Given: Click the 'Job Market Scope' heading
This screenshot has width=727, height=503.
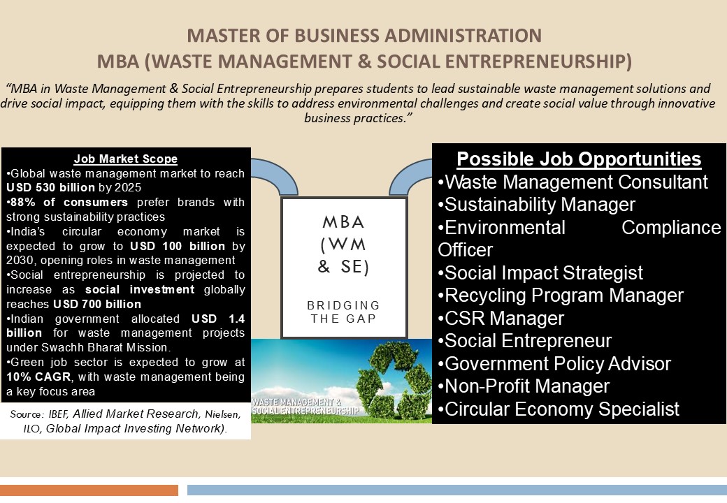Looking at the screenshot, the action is (x=126, y=159).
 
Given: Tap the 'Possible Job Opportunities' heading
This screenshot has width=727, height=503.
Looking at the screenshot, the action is (x=579, y=159).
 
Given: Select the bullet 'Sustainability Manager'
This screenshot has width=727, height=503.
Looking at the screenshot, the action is (x=536, y=205).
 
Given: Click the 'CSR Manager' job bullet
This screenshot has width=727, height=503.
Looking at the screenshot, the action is (x=501, y=318).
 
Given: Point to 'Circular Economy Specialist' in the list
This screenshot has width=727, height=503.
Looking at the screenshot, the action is (x=559, y=409).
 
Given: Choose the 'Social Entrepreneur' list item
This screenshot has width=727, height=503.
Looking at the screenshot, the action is (x=525, y=341).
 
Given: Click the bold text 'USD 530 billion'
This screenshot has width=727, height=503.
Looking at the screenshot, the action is (x=50, y=188).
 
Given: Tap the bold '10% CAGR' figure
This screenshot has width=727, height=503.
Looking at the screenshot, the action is (x=38, y=377).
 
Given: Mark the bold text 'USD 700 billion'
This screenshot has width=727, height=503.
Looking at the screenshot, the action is (x=97, y=305).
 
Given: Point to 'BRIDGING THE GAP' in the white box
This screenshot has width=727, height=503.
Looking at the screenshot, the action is (x=343, y=312).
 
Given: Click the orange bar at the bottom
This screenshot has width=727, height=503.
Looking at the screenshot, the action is (x=89, y=490).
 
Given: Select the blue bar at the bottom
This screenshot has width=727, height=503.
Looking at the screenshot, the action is (x=457, y=490).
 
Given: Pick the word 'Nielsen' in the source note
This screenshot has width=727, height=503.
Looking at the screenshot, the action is (x=223, y=414).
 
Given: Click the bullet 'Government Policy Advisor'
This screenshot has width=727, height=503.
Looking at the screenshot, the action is (x=554, y=363).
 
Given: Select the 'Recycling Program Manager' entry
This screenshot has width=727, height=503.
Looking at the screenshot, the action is (x=561, y=296).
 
